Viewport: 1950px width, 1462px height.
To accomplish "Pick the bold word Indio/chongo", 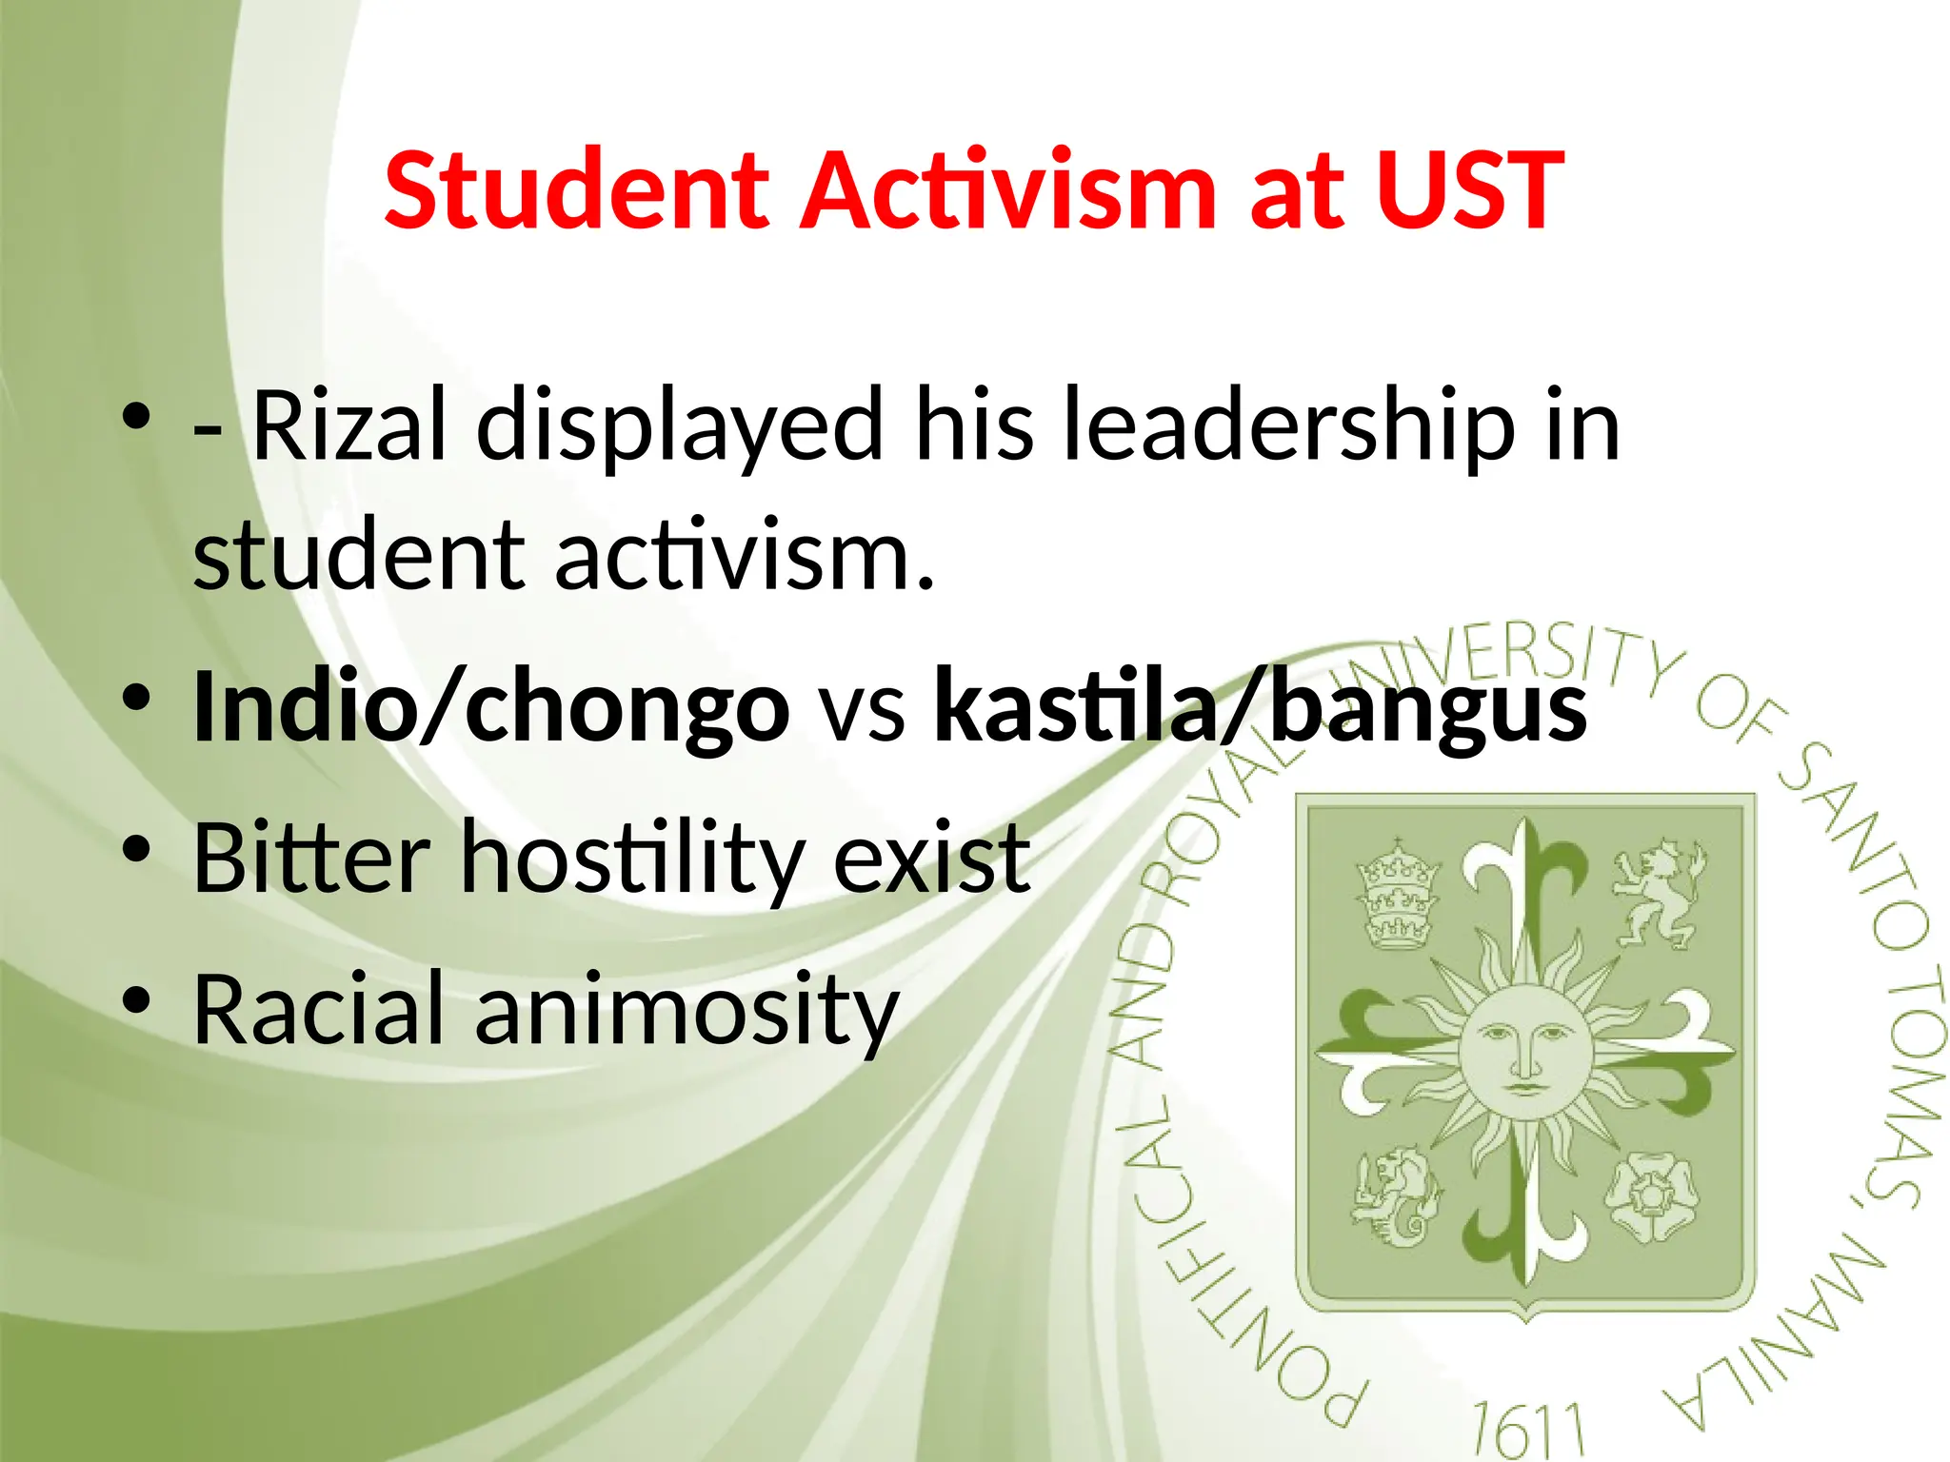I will (x=490, y=706).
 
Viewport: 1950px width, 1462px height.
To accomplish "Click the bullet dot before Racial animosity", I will (x=137, y=999).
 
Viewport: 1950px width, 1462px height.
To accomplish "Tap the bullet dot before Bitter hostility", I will (x=137, y=848).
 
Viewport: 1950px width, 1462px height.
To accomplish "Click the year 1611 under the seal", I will (x=1528, y=1428).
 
